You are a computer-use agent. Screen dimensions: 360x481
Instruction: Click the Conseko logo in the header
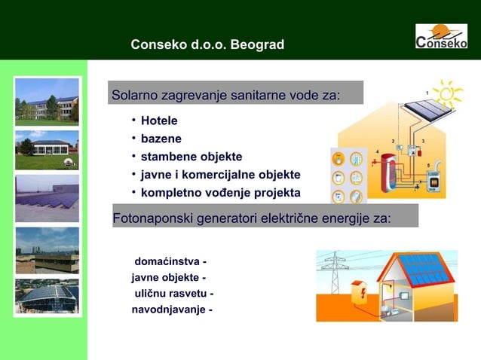point(442,36)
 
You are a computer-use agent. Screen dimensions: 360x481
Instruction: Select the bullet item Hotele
point(159,121)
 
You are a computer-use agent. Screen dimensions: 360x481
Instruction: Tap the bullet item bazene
point(161,139)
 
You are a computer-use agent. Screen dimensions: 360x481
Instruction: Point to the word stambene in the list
point(166,157)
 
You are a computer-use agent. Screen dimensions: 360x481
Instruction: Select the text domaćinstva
point(167,261)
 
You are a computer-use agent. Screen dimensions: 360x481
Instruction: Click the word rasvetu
point(187,293)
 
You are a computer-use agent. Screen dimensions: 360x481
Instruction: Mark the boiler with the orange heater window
point(434,181)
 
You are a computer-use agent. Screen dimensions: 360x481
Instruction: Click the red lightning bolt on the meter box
point(363,292)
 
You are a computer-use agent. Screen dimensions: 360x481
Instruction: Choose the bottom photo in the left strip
point(47,295)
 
